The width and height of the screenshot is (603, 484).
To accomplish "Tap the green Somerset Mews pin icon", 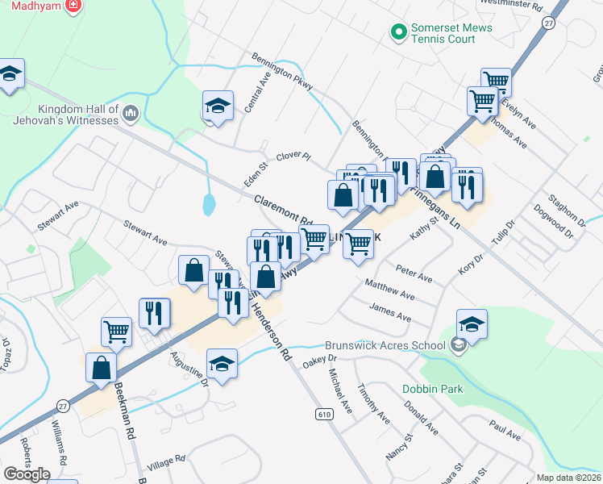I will [x=397, y=32].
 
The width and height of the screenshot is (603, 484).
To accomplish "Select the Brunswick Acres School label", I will [x=385, y=345].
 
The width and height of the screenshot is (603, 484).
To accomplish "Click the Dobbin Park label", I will [x=433, y=389].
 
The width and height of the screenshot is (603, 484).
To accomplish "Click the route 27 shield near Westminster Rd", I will [x=549, y=23].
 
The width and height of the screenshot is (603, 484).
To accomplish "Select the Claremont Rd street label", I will [x=282, y=209].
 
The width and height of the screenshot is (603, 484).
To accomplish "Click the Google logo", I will [x=27, y=474].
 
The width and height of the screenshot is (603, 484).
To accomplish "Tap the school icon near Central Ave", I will [x=217, y=106].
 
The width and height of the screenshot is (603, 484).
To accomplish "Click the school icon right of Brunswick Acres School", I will [x=472, y=323].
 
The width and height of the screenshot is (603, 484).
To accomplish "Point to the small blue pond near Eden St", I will [x=209, y=203].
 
